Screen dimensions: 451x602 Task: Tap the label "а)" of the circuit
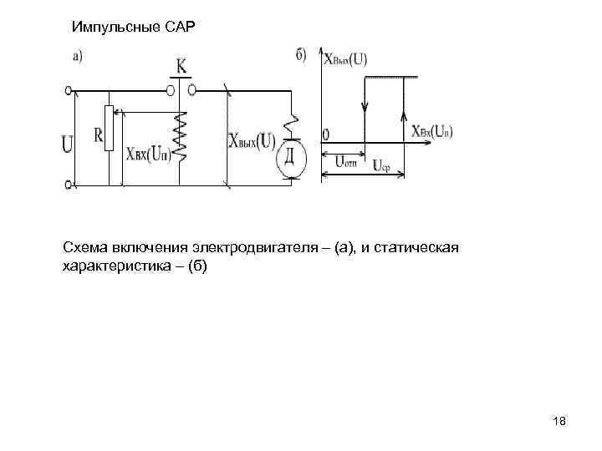tap(76, 57)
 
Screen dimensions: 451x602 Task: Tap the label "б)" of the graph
tap(301, 55)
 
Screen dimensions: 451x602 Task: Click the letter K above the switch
tap(181, 65)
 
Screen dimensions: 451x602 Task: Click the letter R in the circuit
tap(97, 134)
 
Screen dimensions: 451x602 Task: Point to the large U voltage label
tap(67, 144)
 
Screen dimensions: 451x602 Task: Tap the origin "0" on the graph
tap(325, 134)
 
